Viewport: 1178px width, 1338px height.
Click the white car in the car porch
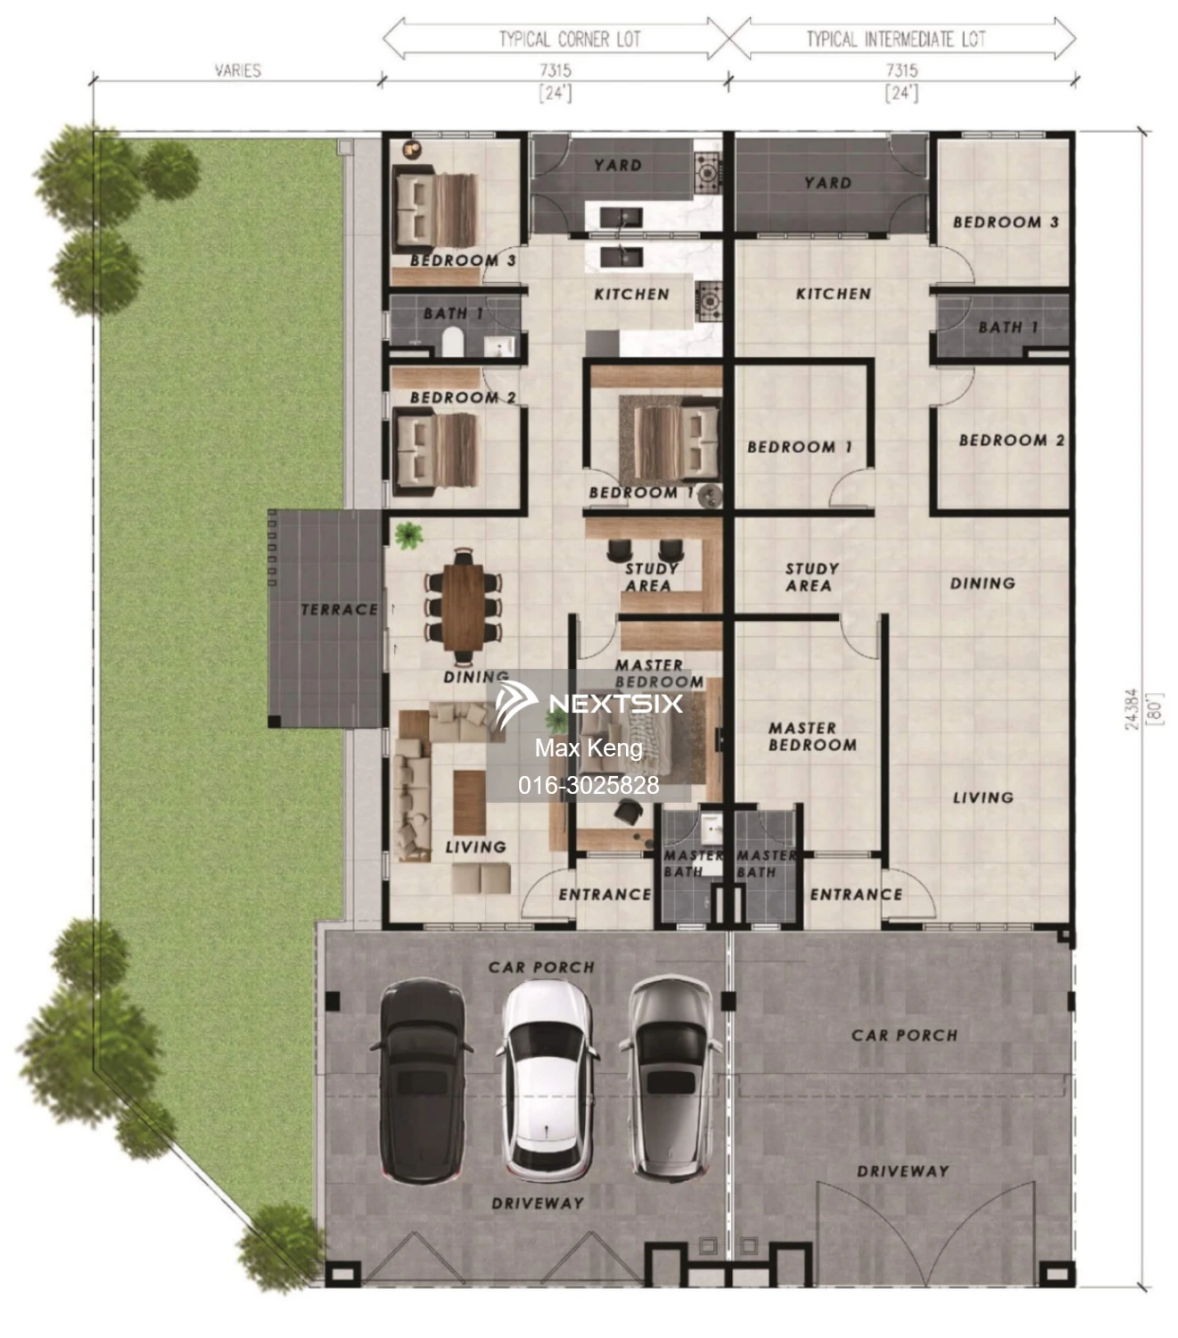point(546,1080)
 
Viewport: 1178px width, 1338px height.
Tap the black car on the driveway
point(422,1080)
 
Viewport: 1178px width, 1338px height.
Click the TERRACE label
point(339,610)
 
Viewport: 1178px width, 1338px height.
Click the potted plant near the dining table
point(408,535)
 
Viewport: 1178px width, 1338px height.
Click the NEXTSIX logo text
point(615,703)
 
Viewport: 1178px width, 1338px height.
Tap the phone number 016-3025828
point(589,785)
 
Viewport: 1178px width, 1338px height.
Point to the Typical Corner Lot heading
point(569,39)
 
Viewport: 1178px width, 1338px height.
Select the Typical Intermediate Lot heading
point(896,39)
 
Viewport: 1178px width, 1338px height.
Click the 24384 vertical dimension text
point(1132,709)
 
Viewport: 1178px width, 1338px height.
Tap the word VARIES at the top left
point(238,70)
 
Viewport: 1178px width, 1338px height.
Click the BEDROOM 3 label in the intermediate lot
point(1005,222)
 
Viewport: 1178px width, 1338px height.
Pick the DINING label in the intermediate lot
point(982,583)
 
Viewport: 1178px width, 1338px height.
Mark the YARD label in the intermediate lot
point(828,183)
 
